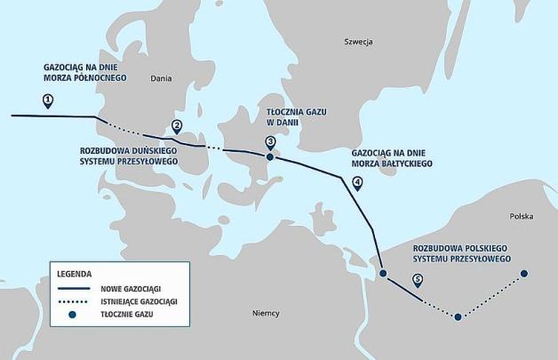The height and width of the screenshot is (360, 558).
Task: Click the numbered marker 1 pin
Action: tap(46, 100)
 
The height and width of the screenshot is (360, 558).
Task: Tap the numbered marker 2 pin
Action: tap(177, 126)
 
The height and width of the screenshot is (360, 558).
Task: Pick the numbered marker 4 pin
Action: tap(357, 183)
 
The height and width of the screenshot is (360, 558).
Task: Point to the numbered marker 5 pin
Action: tap(418, 282)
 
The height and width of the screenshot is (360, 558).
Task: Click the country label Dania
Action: tap(160, 77)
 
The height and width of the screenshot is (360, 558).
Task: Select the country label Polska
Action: tap(522, 216)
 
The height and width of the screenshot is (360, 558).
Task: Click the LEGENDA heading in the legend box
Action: tap(75, 273)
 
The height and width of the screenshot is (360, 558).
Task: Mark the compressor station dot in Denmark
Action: tap(270, 157)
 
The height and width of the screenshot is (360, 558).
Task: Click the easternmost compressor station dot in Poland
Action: tap(524, 274)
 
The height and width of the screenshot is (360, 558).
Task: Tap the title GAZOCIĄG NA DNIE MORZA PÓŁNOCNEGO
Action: tap(85, 72)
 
